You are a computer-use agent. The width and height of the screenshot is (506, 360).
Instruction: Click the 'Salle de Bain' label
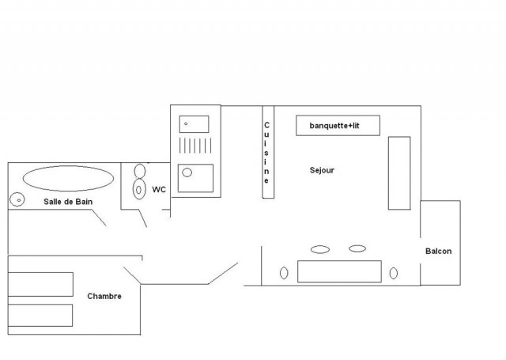click(69, 203)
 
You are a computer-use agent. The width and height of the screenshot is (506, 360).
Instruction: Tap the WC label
click(159, 189)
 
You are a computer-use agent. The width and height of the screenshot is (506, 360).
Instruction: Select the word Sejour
click(322, 170)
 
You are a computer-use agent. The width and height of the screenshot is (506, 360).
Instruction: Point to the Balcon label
click(439, 252)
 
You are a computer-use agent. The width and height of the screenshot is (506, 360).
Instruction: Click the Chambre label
click(104, 297)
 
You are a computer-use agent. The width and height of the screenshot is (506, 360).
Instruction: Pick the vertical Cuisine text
click(267, 153)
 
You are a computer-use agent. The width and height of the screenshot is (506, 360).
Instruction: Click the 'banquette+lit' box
click(338, 126)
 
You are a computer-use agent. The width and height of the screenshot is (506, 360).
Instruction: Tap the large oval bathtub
click(66, 177)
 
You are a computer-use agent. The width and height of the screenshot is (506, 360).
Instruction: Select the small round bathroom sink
click(17, 199)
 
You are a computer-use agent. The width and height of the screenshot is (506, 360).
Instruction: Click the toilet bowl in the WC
click(139, 190)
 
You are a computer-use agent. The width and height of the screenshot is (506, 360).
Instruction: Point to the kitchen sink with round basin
click(195, 178)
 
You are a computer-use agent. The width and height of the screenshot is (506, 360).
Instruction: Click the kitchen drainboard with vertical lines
click(194, 147)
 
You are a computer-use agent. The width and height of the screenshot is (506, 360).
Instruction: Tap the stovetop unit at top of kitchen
click(194, 123)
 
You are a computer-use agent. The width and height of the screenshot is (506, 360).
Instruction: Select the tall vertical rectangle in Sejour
click(399, 172)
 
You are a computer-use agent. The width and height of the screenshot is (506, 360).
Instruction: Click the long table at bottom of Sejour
click(339, 271)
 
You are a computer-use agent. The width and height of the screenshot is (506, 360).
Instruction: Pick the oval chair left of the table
click(284, 274)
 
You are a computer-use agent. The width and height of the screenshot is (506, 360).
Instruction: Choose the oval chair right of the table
click(394, 274)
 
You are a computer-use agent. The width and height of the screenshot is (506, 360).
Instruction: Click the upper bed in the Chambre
click(40, 284)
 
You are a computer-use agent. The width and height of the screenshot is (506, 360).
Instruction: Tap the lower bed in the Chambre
click(40, 315)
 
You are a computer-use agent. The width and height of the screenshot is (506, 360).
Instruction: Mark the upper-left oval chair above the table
click(320, 249)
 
